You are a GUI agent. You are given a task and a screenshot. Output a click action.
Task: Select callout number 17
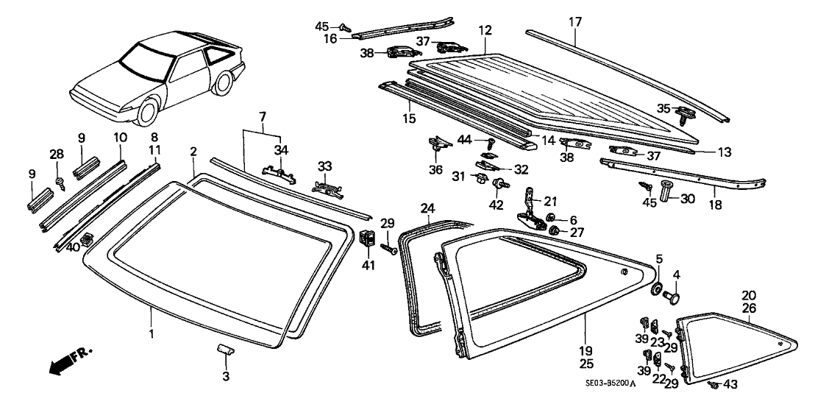coord(575,22)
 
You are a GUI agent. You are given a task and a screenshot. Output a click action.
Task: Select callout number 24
coord(428,208)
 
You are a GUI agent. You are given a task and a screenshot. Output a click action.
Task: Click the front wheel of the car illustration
coord(149,113)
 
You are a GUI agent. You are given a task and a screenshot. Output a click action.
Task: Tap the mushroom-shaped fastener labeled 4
coord(672,297)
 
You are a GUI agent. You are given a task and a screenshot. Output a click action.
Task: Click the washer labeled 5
coord(656,286)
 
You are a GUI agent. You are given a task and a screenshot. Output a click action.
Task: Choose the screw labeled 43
coord(713,385)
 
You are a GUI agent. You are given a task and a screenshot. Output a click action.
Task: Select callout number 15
coord(408,118)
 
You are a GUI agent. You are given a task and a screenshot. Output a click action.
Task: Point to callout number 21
coord(552,200)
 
